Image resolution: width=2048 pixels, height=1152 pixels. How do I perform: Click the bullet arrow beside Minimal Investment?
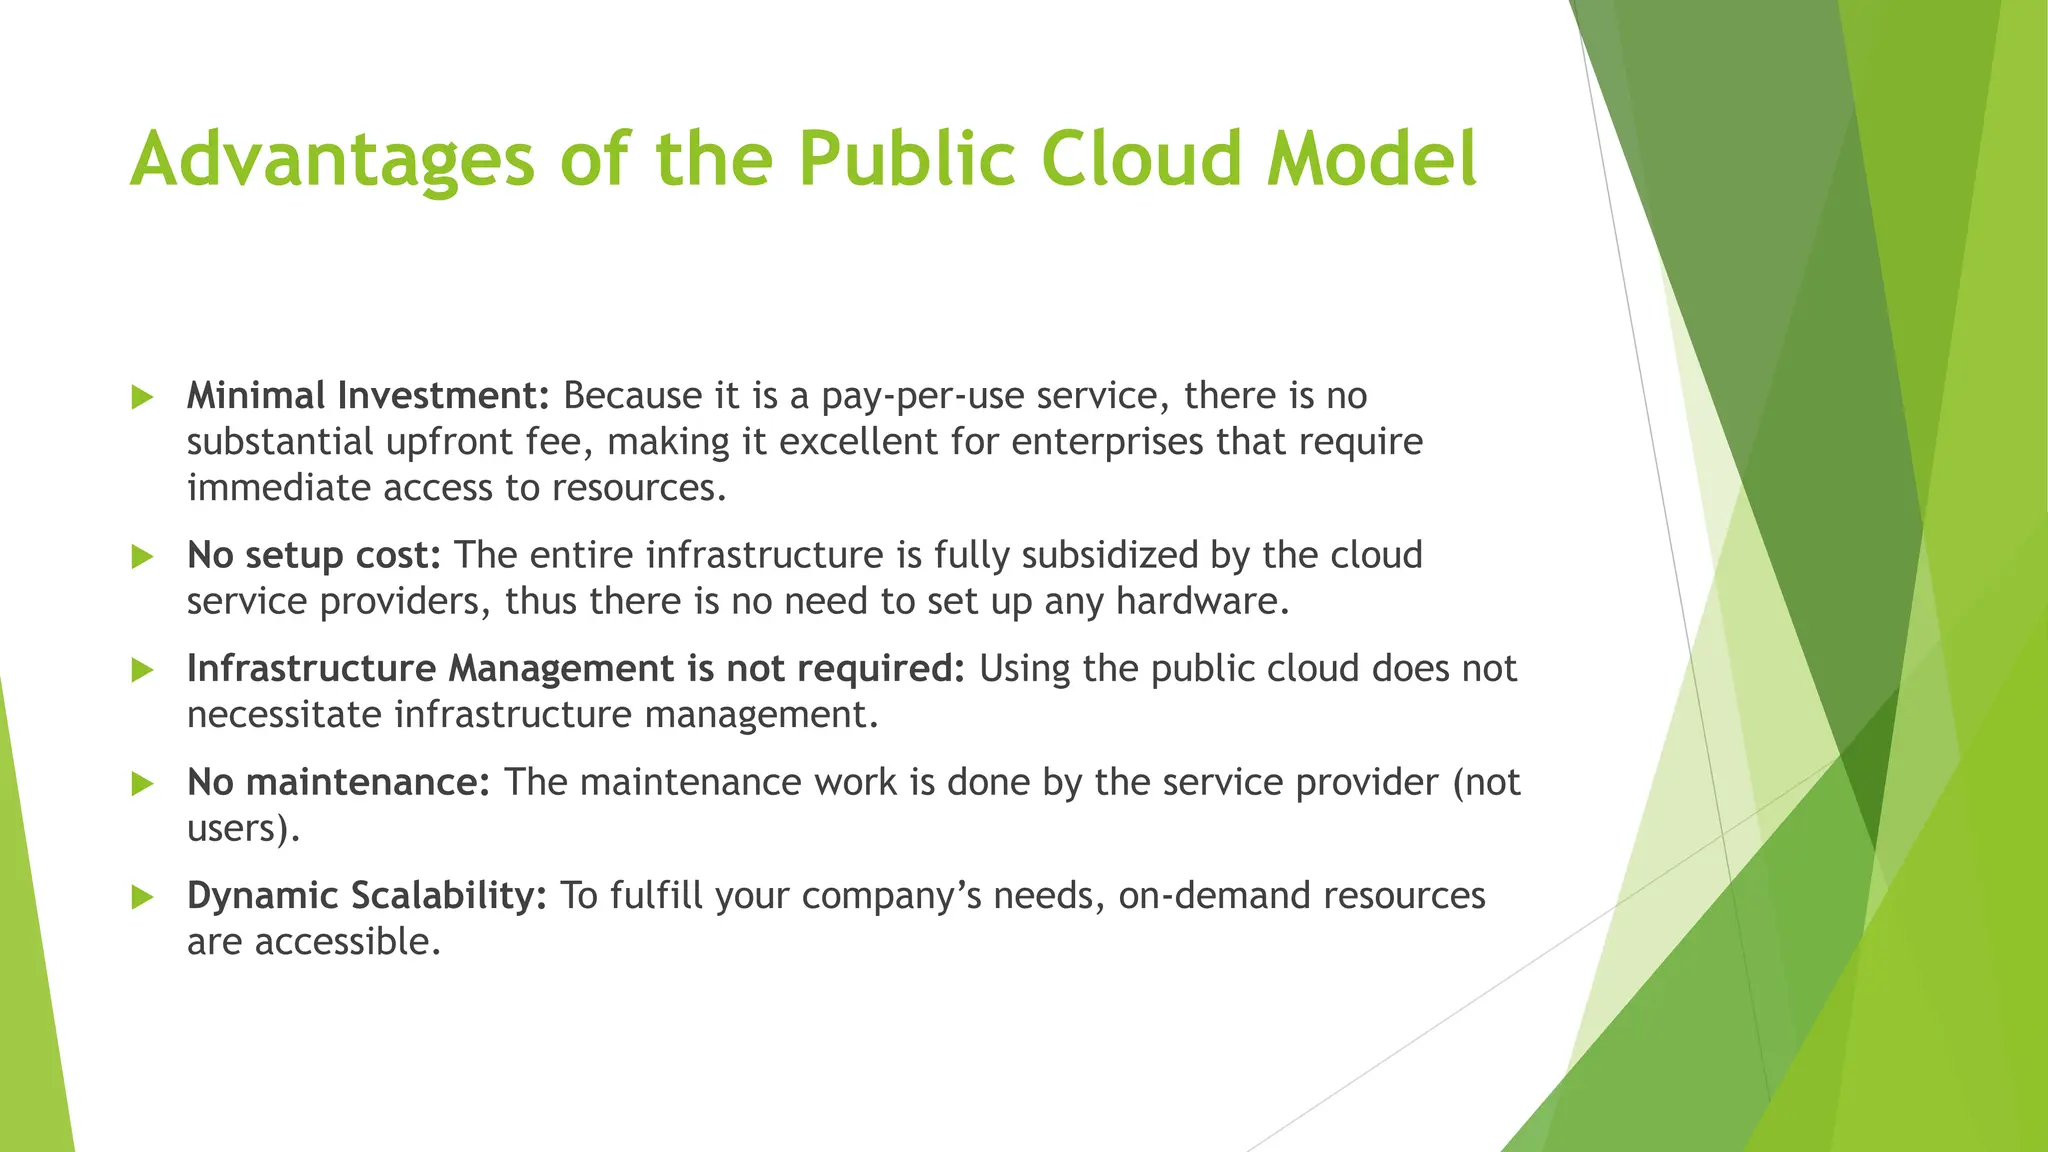143,397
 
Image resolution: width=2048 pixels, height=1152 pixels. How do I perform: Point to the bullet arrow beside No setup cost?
143,556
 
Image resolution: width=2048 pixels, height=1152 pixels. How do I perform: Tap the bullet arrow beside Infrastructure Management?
143,670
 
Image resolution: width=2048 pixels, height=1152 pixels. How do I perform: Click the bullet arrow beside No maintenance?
143,783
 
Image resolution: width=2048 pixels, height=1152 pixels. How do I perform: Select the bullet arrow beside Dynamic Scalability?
143,897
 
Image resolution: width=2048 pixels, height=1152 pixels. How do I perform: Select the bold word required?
881,669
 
